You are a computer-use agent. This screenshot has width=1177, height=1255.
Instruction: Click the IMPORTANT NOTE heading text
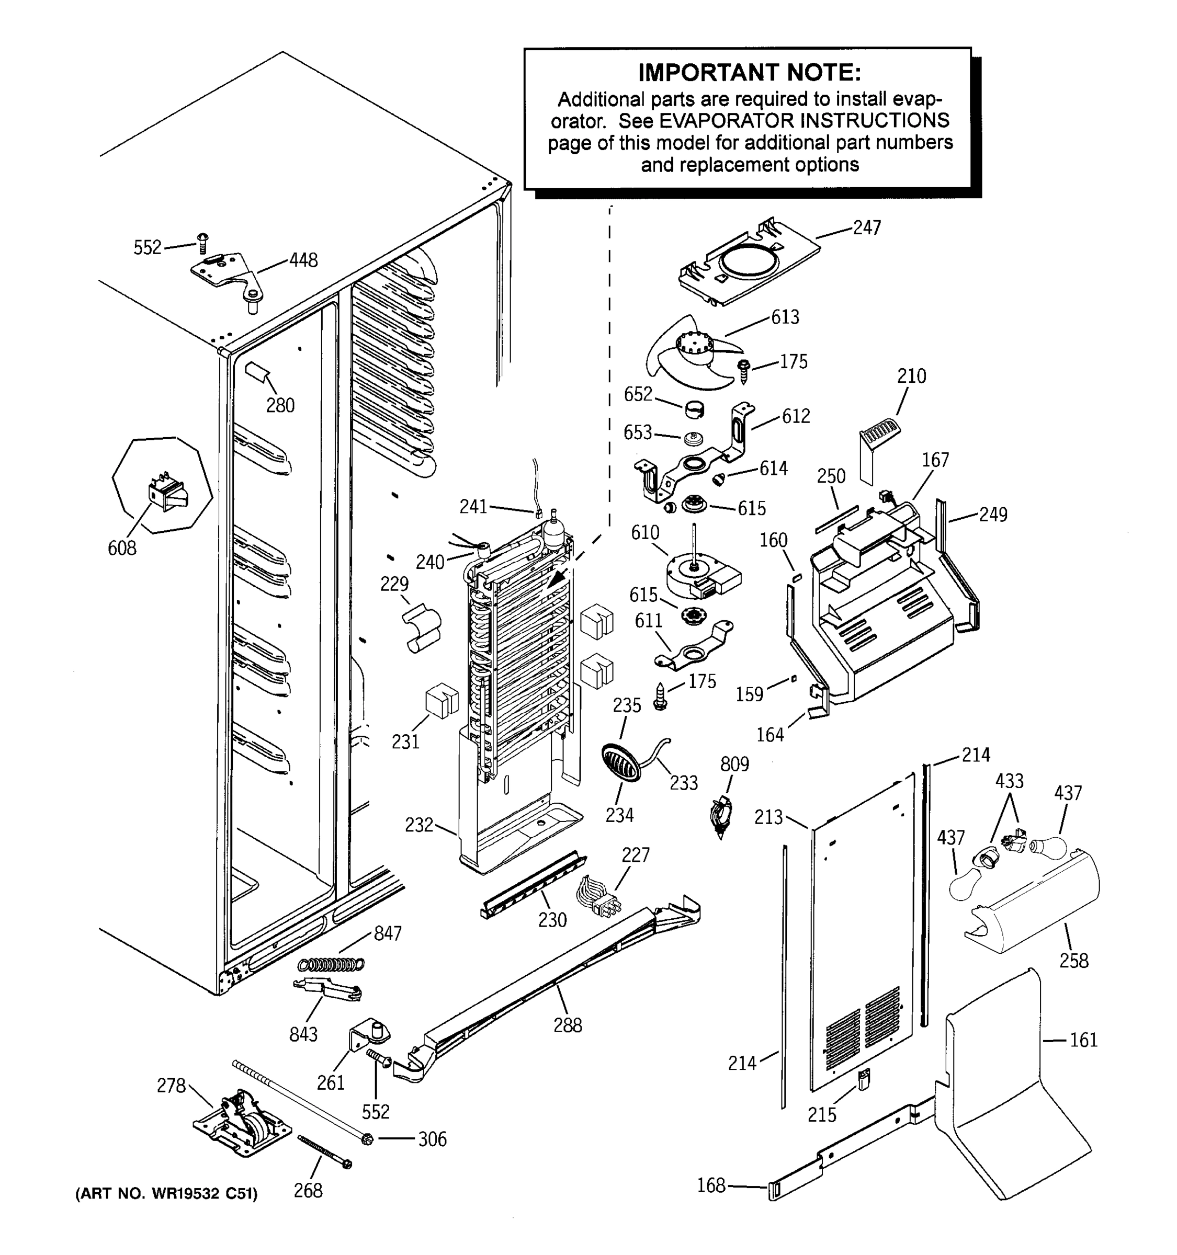(749, 73)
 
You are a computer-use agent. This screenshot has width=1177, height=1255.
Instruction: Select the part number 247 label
(866, 228)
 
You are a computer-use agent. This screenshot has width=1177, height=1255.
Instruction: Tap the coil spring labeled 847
(331, 964)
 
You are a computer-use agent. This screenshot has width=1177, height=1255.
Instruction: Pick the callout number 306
(432, 1139)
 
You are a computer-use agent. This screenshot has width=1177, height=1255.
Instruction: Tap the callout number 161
(1083, 1040)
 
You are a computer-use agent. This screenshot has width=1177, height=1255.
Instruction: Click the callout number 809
(734, 765)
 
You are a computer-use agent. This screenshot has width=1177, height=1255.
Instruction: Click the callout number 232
(418, 825)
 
